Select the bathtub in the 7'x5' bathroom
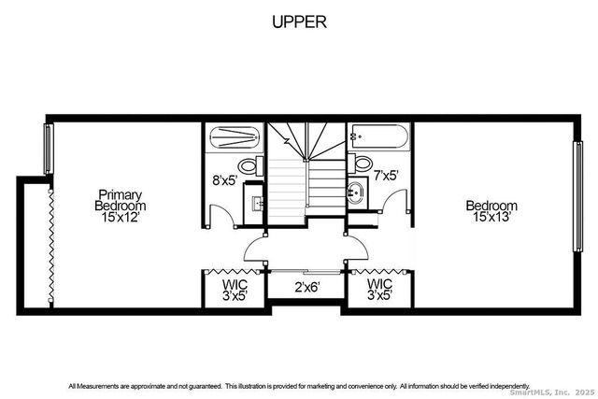(379, 138)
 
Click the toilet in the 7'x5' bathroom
(363, 163)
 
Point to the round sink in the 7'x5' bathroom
(354, 195)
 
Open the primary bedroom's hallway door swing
(254, 249)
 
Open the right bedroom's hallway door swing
(356, 249)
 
